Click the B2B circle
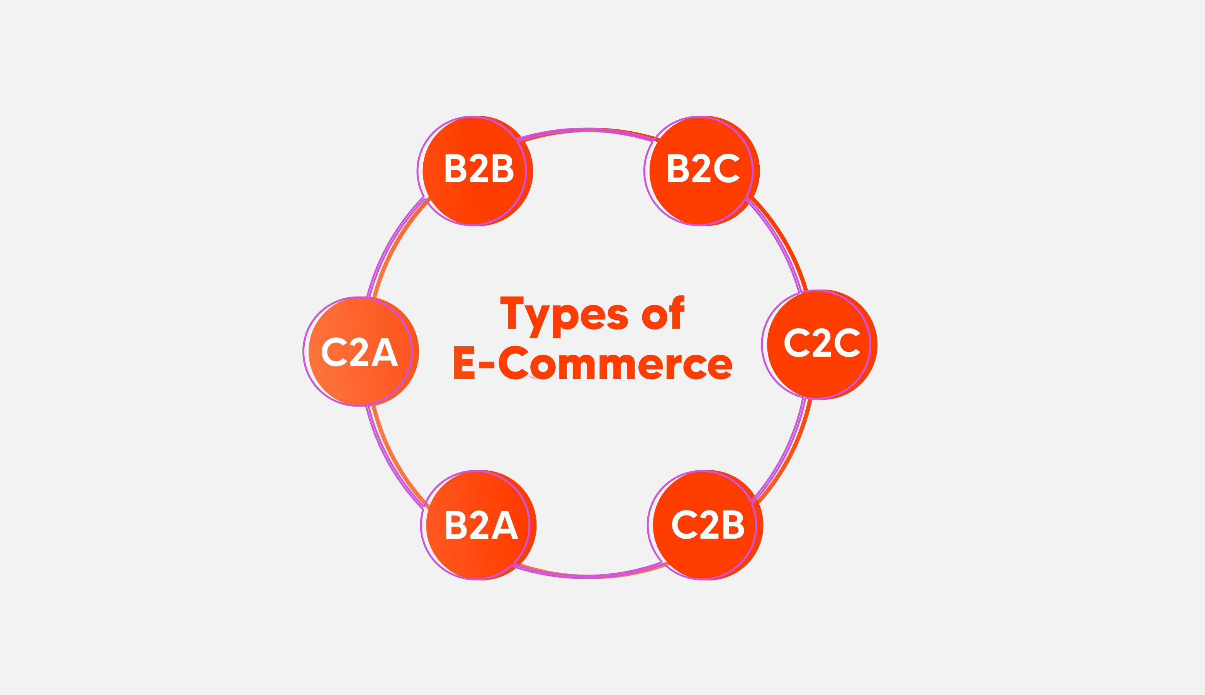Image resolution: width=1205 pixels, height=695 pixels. pos(477,171)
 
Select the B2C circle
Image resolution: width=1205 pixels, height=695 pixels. pos(702,171)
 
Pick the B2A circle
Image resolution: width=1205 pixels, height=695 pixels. pos(480,525)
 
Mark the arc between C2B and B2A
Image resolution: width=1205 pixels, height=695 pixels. pos(588,577)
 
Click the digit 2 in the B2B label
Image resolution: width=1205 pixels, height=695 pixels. pos(479,168)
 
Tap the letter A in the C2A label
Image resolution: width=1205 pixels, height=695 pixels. pos(385,352)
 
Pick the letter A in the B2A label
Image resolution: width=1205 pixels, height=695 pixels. pos(505,525)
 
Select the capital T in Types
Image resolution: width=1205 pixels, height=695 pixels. pos(512,313)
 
